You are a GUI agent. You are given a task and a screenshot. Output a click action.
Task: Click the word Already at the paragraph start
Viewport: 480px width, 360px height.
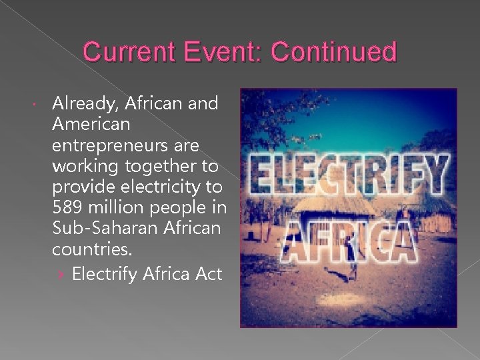pyautogui.click(x=83, y=103)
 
